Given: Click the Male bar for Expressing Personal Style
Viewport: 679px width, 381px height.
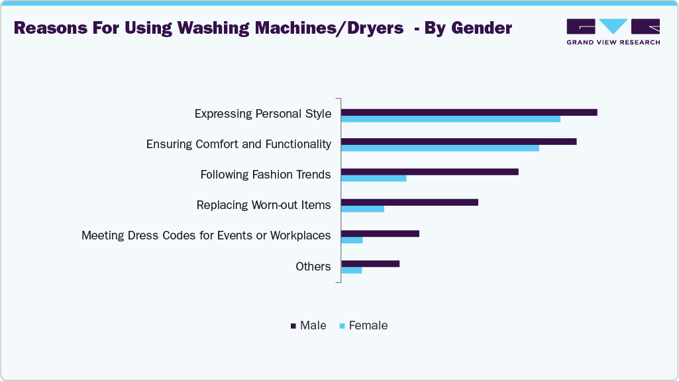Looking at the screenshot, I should tap(469, 112).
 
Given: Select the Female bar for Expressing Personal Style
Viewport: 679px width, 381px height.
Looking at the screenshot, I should tap(450, 119).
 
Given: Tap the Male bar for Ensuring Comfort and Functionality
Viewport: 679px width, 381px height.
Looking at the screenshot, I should tap(458, 142).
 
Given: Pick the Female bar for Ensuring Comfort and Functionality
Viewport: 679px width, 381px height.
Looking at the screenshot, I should tap(440, 148).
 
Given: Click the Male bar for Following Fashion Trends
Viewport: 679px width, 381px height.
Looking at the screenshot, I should tap(429, 172).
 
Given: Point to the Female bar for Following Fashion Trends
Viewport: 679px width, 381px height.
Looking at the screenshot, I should tap(374, 179).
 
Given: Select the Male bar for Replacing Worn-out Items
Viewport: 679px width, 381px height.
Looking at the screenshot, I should tap(409, 202).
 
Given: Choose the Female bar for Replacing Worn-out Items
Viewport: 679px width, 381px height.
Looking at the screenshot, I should tap(362, 209).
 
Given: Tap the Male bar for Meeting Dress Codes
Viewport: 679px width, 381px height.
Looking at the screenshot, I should tap(380, 233).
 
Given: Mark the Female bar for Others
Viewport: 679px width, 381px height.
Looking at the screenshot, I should tap(351, 270).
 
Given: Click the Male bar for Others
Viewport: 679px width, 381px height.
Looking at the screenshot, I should tap(370, 263).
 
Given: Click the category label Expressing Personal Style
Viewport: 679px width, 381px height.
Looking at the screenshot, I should tap(262, 114).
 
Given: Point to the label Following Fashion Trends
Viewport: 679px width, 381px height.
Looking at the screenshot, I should tap(266, 175).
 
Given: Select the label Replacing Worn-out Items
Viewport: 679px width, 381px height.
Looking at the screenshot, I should tap(264, 205).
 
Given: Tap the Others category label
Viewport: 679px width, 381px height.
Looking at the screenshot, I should tap(313, 267).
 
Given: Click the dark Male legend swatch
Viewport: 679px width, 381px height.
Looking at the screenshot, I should tap(293, 326).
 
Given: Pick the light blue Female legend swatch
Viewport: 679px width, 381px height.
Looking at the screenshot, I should tap(342, 326).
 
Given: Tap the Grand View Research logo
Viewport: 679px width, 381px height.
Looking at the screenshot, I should tap(613, 31).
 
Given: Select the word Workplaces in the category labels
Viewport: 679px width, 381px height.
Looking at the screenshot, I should tap(300, 235).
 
